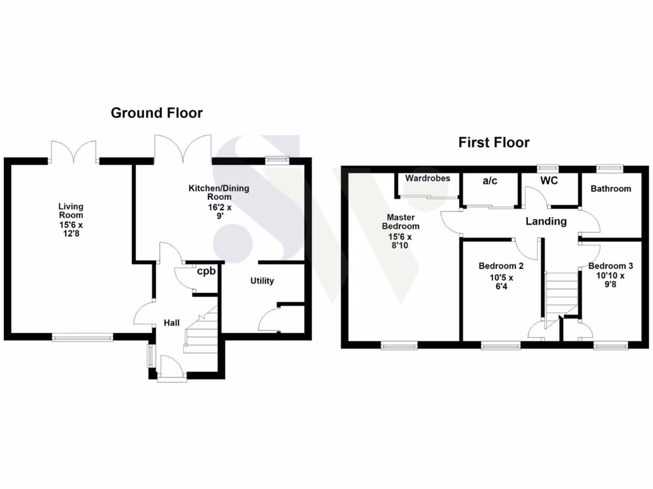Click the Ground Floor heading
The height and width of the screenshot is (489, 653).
[157, 113]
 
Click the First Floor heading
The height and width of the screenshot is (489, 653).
[494, 143]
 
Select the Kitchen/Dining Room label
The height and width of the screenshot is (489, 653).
[218, 201]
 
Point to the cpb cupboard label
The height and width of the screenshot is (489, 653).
[206, 271]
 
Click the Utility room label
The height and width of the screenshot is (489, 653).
[262, 281]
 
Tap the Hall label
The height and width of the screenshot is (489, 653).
[172, 323]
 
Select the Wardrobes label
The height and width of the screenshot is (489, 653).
[427, 178]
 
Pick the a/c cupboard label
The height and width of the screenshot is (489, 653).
[490, 181]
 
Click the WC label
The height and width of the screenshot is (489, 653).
[549, 181]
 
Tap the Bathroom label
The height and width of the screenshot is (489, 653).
[610, 188]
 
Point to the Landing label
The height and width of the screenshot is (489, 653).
[546, 222]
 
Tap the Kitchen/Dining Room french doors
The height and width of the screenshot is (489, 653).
[183, 148]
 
